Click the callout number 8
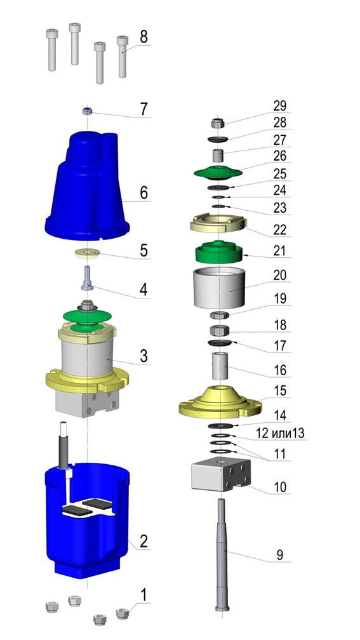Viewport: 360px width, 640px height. pos(143,37)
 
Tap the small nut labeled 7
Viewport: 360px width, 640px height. pos(86,110)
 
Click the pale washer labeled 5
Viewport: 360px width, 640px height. pos(88,253)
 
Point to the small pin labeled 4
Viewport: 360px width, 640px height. pos(88,278)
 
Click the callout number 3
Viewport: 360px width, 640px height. pos(143,356)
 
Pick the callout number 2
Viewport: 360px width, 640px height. pos(143,541)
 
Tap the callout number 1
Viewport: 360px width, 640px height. pos(143,595)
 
